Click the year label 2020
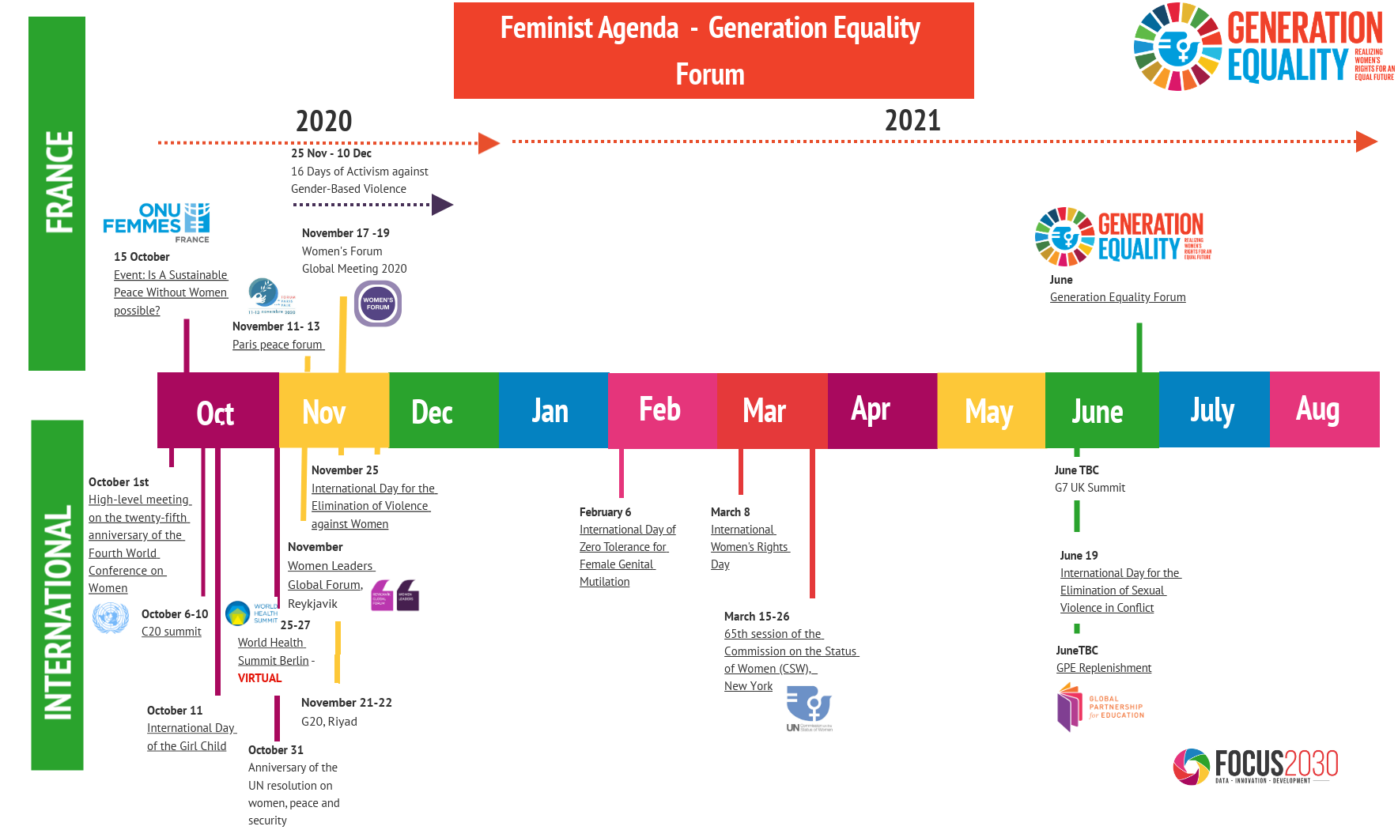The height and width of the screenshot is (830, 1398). [x=323, y=121]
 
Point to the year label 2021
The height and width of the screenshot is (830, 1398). [x=912, y=120]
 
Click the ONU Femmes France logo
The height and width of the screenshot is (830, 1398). [x=157, y=222]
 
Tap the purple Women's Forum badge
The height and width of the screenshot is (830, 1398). [x=378, y=304]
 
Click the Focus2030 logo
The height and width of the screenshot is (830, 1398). [x=1255, y=766]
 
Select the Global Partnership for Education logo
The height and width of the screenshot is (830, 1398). [x=1100, y=707]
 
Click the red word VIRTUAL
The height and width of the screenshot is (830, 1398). [x=259, y=678]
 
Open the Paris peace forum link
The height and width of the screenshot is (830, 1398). [x=278, y=345]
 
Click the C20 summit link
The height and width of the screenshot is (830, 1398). [x=172, y=632]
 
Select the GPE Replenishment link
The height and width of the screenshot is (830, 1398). [x=1103, y=668]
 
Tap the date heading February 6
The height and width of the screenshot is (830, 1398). [x=605, y=512]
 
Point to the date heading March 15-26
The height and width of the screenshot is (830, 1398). [x=756, y=617]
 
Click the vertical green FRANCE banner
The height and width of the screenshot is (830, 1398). [x=57, y=193]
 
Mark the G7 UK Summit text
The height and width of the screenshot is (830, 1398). [x=1090, y=488]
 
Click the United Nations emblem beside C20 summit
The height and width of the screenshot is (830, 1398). [x=111, y=617]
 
